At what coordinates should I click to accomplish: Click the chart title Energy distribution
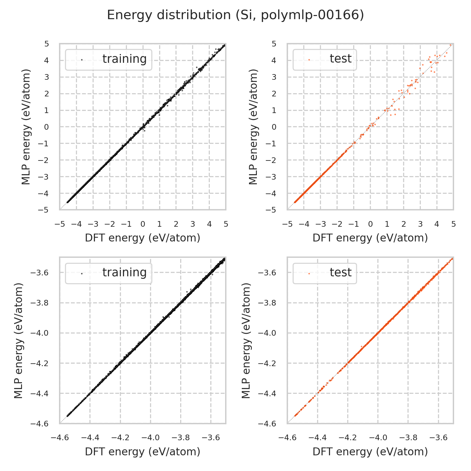(x=235, y=15)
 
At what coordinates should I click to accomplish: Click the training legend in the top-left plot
(x=109, y=59)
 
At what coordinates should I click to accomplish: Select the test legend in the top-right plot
(x=325, y=59)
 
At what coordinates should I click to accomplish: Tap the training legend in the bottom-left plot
(x=109, y=273)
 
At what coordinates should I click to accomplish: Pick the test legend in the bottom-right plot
(x=325, y=273)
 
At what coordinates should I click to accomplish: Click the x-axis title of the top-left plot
(x=143, y=238)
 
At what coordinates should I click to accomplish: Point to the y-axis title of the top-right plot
(x=253, y=127)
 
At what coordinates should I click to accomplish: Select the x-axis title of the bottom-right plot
(x=370, y=452)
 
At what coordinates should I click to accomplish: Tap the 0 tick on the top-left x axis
(x=143, y=224)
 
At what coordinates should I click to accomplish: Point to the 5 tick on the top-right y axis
(x=274, y=44)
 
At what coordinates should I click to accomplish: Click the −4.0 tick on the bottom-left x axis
(x=150, y=438)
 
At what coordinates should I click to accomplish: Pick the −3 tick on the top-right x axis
(x=321, y=224)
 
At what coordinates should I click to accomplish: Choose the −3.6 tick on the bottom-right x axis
(x=438, y=438)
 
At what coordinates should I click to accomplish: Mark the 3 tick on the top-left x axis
(x=192, y=224)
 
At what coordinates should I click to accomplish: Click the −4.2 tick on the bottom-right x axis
(x=348, y=438)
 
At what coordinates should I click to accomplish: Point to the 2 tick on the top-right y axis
(x=274, y=94)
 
